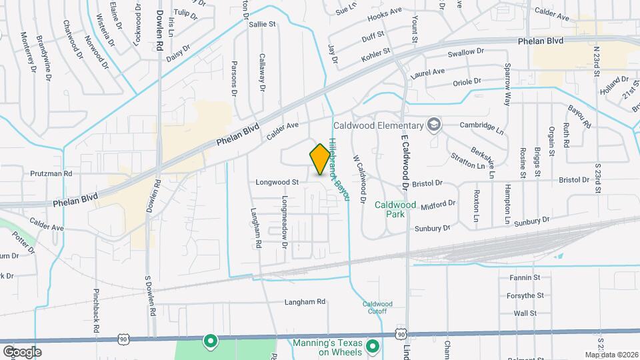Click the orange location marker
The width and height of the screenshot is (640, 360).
(320, 159)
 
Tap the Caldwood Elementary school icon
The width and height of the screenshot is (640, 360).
(434, 125)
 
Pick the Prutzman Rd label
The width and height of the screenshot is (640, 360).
(51, 173)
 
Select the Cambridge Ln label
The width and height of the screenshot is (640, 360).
(482, 125)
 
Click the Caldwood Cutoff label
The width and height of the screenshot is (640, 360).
(377, 307)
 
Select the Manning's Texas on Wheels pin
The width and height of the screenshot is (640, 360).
(373, 345)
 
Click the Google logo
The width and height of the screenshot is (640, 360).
(22, 352)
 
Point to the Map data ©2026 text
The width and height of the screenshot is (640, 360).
(611, 355)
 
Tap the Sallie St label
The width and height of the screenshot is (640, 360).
(262, 24)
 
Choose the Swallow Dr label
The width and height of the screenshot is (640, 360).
(465, 52)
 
